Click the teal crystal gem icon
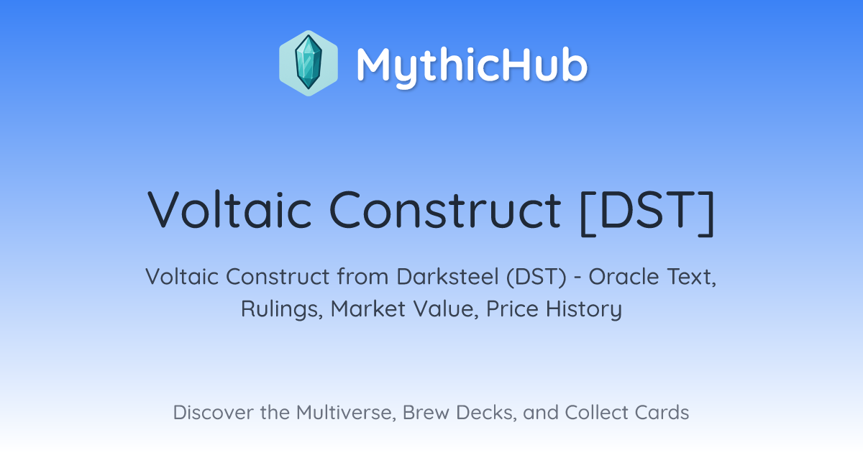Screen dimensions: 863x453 pos(309,63)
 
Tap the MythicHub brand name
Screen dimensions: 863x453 pos(472,65)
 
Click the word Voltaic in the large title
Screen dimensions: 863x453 pos(229,210)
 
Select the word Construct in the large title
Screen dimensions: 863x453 pos(445,210)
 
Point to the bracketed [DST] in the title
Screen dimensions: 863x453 pos(647,212)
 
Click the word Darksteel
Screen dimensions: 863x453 pos(447,277)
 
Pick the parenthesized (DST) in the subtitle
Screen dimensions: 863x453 pos(536,277)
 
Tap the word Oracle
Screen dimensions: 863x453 pos(624,277)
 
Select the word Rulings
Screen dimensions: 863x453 pos(282,309)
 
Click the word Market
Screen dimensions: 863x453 pos(368,308)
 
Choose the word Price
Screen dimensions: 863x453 pos(512,308)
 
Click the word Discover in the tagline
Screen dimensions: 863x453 pos(213,412)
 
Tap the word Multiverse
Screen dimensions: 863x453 pos(346,413)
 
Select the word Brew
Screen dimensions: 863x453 pos(426,412)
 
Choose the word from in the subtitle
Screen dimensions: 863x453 pos(363,277)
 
